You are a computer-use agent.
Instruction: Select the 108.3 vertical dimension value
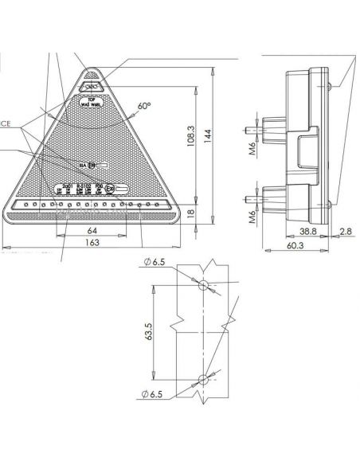[190, 139]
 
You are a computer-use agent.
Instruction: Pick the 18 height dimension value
[190, 213]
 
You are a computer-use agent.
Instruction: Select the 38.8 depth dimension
[309, 231]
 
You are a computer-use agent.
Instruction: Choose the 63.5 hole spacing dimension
[150, 330]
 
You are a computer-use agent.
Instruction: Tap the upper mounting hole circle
[203, 286]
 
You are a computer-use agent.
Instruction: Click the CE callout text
[5, 123]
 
